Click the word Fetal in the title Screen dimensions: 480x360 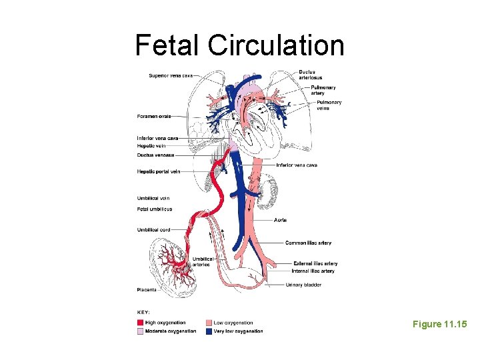point(167,45)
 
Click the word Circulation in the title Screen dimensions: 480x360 point(276,45)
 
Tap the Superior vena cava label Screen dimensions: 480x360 point(171,75)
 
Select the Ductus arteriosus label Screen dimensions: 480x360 point(308,75)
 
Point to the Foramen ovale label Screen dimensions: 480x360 point(154,116)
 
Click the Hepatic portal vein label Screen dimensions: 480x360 point(159,171)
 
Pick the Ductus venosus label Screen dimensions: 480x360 point(155,155)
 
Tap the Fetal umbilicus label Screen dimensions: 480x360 point(154,209)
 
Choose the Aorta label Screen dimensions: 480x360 point(281,220)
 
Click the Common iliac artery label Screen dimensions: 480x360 point(308,243)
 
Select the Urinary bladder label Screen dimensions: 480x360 point(303,285)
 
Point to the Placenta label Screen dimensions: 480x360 point(147,289)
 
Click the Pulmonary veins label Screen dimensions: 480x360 point(329,105)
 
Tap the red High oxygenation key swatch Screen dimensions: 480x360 point(140,323)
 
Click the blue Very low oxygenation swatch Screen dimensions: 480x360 point(209,331)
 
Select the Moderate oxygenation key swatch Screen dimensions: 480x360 point(140,331)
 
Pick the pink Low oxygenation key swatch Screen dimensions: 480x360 point(209,323)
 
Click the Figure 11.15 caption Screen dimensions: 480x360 point(439,324)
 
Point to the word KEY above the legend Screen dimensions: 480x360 point(143,312)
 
